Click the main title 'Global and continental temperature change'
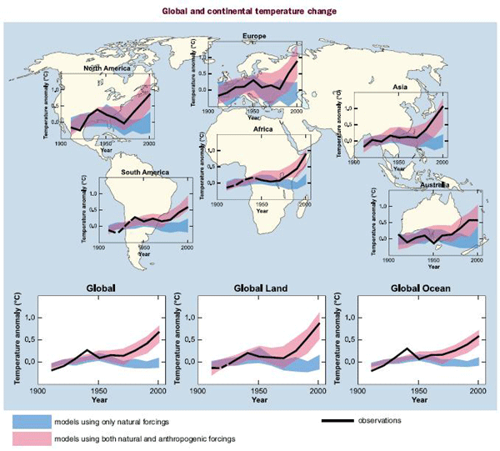(250, 12)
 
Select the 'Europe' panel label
(254, 37)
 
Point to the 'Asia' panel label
(402, 87)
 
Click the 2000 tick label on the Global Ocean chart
(477, 390)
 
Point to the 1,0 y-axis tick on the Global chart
(31, 318)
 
